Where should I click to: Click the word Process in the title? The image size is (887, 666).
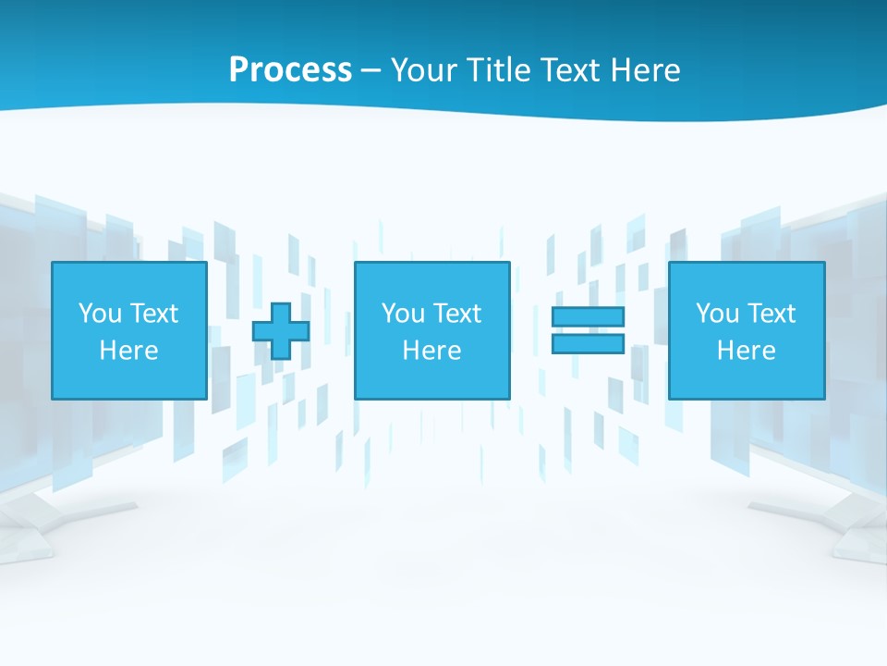[x=290, y=70]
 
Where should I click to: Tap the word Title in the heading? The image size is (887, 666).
[x=499, y=70]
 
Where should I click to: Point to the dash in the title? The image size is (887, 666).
[x=371, y=71]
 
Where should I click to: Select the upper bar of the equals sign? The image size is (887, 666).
[x=588, y=317]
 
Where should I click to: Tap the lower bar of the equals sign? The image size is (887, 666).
[x=588, y=343]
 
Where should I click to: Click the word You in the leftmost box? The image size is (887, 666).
[x=100, y=314]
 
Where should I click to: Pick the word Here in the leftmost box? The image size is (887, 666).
[x=128, y=351]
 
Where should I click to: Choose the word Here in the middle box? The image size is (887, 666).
[x=431, y=351]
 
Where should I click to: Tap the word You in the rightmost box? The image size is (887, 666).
[x=717, y=314]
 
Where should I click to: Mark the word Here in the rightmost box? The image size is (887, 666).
[x=746, y=351]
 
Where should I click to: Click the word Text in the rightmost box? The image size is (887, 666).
[x=772, y=314]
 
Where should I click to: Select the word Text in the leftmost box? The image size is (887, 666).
[x=154, y=314]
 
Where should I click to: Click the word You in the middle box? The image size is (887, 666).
[x=403, y=314]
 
